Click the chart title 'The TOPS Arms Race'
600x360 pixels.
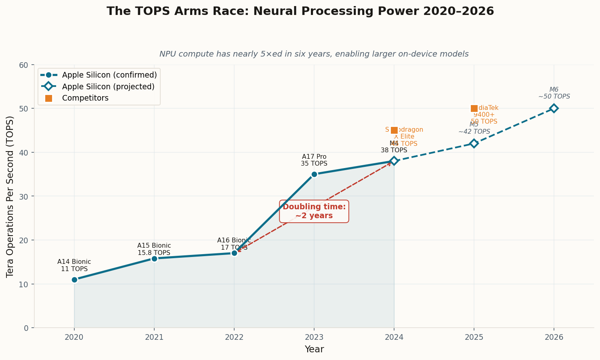point(300,11)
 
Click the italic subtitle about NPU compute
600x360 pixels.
point(314,54)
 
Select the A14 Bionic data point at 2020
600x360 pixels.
point(74,280)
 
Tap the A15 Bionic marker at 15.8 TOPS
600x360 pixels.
point(154,259)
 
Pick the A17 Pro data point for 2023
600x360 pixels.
point(314,174)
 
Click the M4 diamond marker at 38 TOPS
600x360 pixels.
point(394,161)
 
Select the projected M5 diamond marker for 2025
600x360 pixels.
point(474,143)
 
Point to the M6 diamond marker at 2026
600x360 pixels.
point(554,108)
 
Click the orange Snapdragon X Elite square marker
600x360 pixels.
point(394,130)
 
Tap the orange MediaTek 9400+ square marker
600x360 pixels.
point(474,108)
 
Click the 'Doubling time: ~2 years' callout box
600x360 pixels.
point(314,211)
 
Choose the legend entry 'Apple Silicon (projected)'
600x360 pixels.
point(108,86)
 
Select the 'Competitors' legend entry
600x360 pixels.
point(85,98)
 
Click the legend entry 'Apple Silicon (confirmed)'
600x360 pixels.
point(109,75)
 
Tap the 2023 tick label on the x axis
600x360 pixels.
point(314,337)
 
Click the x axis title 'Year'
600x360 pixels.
point(314,349)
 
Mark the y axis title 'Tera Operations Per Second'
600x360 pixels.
point(10,196)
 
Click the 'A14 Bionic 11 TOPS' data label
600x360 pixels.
point(74,265)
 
